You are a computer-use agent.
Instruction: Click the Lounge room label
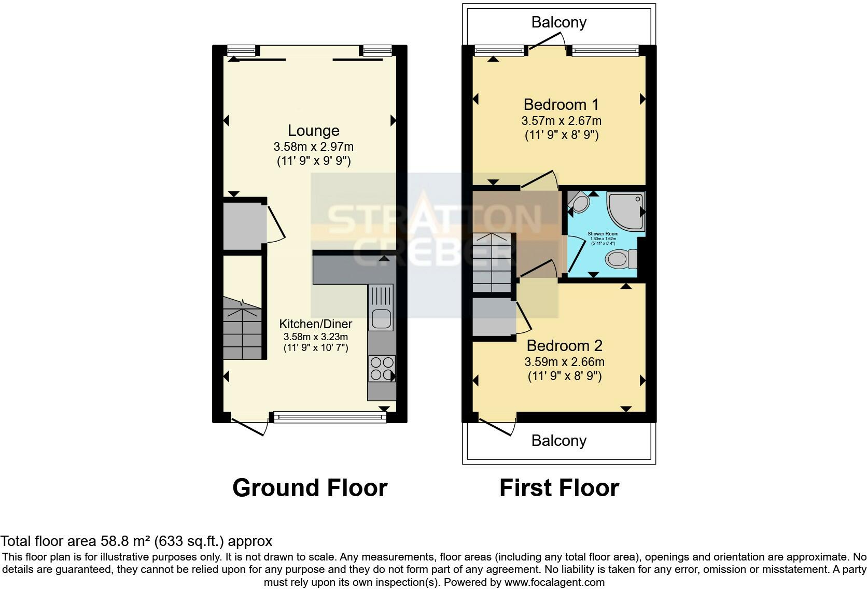pyautogui.click(x=313, y=131)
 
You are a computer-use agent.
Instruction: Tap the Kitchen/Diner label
pyautogui.click(x=315, y=324)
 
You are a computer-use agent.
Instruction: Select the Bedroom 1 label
pyautogui.click(x=561, y=105)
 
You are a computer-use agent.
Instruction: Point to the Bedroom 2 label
pyautogui.click(x=565, y=346)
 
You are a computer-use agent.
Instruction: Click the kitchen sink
pyautogui.click(x=381, y=317)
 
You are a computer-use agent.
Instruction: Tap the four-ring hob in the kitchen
pyautogui.click(x=381, y=368)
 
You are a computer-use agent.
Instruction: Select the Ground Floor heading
pyautogui.click(x=310, y=488)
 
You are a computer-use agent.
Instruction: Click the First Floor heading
pyautogui.click(x=559, y=488)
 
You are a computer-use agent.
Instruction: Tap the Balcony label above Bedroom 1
pyautogui.click(x=559, y=22)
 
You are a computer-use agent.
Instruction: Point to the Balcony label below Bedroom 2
pyautogui.click(x=559, y=441)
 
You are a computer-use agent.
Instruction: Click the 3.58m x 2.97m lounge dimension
pyautogui.click(x=313, y=147)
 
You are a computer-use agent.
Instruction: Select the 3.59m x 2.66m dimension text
pyautogui.click(x=564, y=362)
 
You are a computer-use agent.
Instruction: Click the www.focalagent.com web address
pyautogui.click(x=554, y=582)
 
